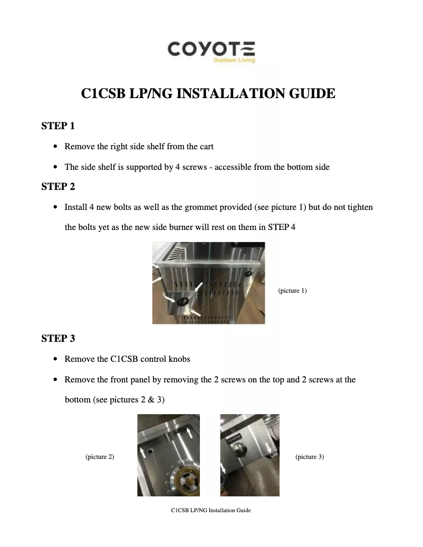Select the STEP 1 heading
click(58, 126)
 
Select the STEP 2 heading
click(58, 187)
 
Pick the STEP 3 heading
click(58, 339)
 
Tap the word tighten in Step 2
click(360, 207)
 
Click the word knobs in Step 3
click(179, 359)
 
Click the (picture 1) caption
click(292, 291)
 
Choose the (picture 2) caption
click(100, 457)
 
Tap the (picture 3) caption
click(310, 457)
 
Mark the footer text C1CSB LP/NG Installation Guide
click(211, 511)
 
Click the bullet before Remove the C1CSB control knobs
click(56, 359)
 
